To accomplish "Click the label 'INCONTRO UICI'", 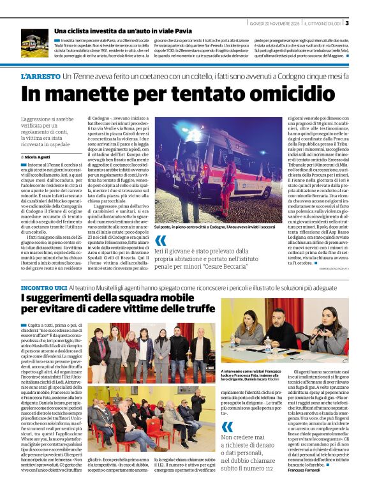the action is tap(43, 289).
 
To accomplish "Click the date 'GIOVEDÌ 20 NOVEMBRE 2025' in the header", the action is tap(274, 24).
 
